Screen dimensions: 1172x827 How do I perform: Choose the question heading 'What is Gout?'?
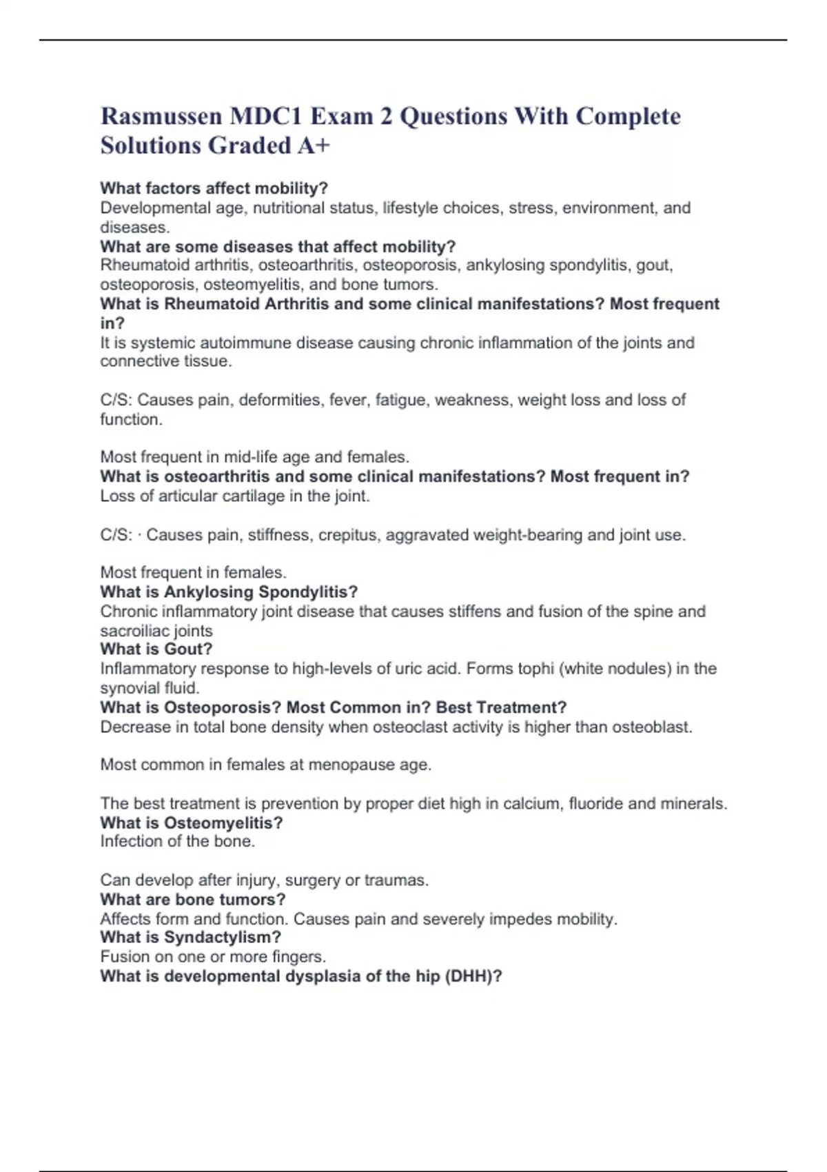coord(156,649)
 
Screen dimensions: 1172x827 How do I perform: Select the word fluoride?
coord(595,803)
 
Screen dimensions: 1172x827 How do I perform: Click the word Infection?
coord(132,841)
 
